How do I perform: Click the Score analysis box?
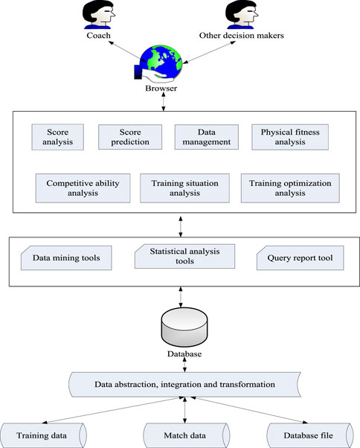click(58, 137)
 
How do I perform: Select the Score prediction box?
click(130, 137)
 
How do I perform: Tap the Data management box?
click(207, 137)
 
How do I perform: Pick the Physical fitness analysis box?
click(290, 137)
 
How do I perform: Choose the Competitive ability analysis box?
click(83, 188)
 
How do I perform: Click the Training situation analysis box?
click(184, 188)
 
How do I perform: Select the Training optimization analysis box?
click(290, 188)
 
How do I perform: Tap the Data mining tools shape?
click(66, 257)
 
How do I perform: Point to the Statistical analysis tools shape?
click(184, 256)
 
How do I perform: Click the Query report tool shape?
click(300, 257)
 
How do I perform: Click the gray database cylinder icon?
click(184, 327)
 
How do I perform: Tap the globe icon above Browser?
click(161, 63)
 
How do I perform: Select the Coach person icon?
click(98, 14)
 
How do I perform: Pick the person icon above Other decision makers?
click(242, 14)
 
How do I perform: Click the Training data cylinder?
click(43, 435)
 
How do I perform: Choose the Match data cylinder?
click(186, 435)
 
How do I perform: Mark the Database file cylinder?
click(310, 435)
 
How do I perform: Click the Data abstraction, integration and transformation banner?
click(184, 385)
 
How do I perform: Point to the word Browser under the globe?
click(161, 89)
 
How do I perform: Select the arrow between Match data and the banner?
click(184, 410)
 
